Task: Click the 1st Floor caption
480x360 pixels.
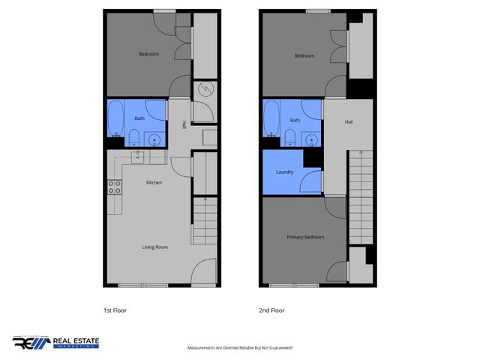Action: pos(115,310)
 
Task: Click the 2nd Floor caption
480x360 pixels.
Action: pos(272,310)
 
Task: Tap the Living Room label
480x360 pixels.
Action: pos(155,247)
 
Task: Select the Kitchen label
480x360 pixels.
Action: pos(154,182)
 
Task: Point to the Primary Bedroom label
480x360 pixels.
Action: pos(305,237)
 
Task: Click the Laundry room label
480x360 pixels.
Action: pos(284,172)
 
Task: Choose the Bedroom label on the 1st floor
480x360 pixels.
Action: pos(148,54)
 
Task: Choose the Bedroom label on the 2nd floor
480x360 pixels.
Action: pos(304,55)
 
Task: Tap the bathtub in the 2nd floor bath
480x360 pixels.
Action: pos(271,120)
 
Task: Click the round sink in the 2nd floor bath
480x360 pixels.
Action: pos(311,139)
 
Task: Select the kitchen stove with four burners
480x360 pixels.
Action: pos(115,187)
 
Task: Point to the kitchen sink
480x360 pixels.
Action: pos(138,156)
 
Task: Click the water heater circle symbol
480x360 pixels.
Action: pos(204,89)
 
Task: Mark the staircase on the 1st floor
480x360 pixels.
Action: pos(205,221)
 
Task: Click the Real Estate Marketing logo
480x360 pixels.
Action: pos(55,343)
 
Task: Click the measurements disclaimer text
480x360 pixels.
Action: pos(239,348)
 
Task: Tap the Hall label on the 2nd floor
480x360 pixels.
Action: pos(349,121)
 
